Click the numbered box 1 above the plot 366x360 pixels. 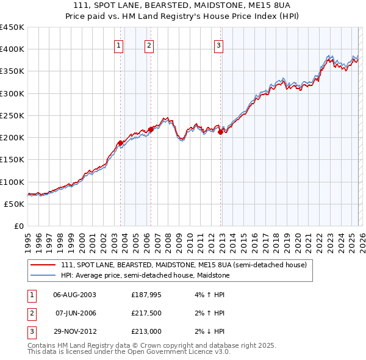[118, 44]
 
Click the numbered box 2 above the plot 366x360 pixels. [149, 44]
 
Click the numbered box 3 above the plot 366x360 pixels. [219, 44]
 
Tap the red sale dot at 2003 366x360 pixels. [120, 143]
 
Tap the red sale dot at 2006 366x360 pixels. [151, 130]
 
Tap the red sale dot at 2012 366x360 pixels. [220, 132]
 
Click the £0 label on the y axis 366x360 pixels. [18, 226]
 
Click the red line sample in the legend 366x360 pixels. [43, 265]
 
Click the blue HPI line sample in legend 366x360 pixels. [43, 276]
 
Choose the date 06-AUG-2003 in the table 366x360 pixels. [74, 295]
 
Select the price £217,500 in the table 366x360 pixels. [146, 313]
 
